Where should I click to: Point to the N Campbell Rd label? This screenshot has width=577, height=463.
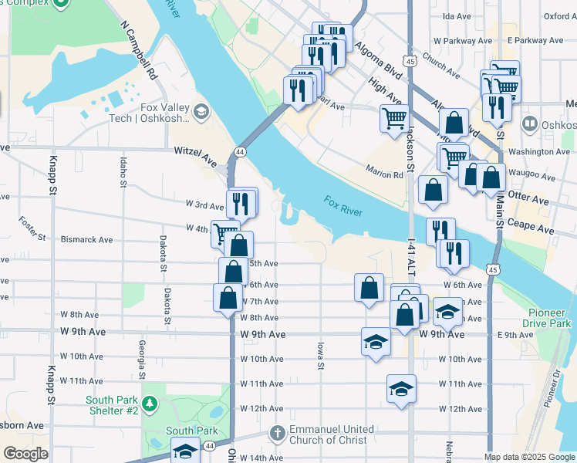(140, 51)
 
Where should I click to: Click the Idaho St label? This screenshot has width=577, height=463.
(123, 172)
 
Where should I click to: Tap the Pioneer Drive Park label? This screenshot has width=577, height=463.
(549, 318)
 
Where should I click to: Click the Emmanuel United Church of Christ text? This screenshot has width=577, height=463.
(332, 435)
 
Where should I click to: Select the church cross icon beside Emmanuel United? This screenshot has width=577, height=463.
(278, 434)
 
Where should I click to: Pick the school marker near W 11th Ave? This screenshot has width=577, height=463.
(401, 390)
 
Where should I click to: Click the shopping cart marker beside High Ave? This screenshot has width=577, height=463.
(393, 119)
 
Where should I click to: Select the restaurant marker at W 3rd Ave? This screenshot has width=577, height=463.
(241, 203)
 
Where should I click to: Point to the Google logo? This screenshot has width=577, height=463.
(26, 454)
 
